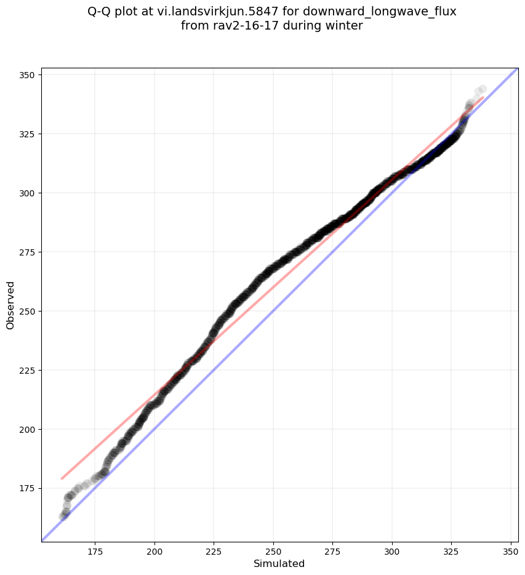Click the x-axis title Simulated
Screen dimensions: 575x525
279,563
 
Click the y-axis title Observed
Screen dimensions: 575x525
10,305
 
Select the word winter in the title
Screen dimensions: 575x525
342,26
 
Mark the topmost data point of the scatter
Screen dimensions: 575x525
483,89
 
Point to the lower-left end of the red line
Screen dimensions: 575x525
61,478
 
